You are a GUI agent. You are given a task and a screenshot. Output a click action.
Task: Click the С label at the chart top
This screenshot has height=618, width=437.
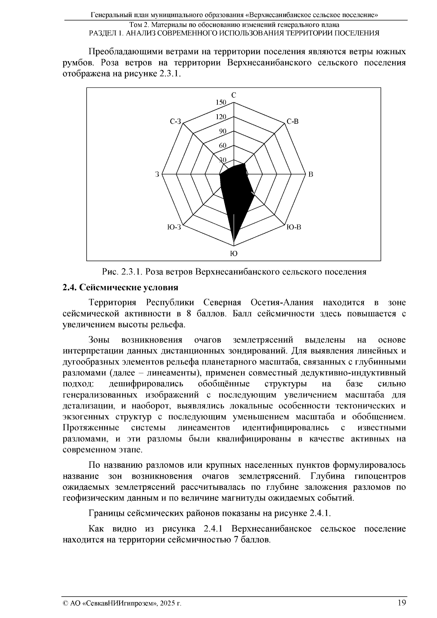[234, 95]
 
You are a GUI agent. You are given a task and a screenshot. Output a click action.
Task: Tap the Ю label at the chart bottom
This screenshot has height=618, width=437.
[234, 254]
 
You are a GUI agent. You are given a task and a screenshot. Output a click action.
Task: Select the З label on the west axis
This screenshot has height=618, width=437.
[157, 174]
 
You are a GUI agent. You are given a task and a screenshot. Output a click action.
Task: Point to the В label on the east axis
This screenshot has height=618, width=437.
[311, 174]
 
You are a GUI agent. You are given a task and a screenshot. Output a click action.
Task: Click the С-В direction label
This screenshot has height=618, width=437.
[292, 122]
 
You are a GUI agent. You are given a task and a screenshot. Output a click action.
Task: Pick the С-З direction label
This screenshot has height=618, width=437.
[175, 122]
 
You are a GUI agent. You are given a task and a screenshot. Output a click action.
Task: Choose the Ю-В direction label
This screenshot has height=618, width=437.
[294, 227]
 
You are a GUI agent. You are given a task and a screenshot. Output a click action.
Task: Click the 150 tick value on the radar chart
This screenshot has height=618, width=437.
[221, 103]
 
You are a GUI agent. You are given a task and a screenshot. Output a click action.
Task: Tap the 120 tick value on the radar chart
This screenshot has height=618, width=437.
[221, 117]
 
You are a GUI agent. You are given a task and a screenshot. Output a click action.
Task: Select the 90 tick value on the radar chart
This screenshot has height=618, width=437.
[223, 131]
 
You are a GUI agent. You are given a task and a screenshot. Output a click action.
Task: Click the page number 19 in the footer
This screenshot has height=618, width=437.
[402, 603]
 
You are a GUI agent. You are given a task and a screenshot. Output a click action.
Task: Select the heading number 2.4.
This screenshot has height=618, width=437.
[70, 288]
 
